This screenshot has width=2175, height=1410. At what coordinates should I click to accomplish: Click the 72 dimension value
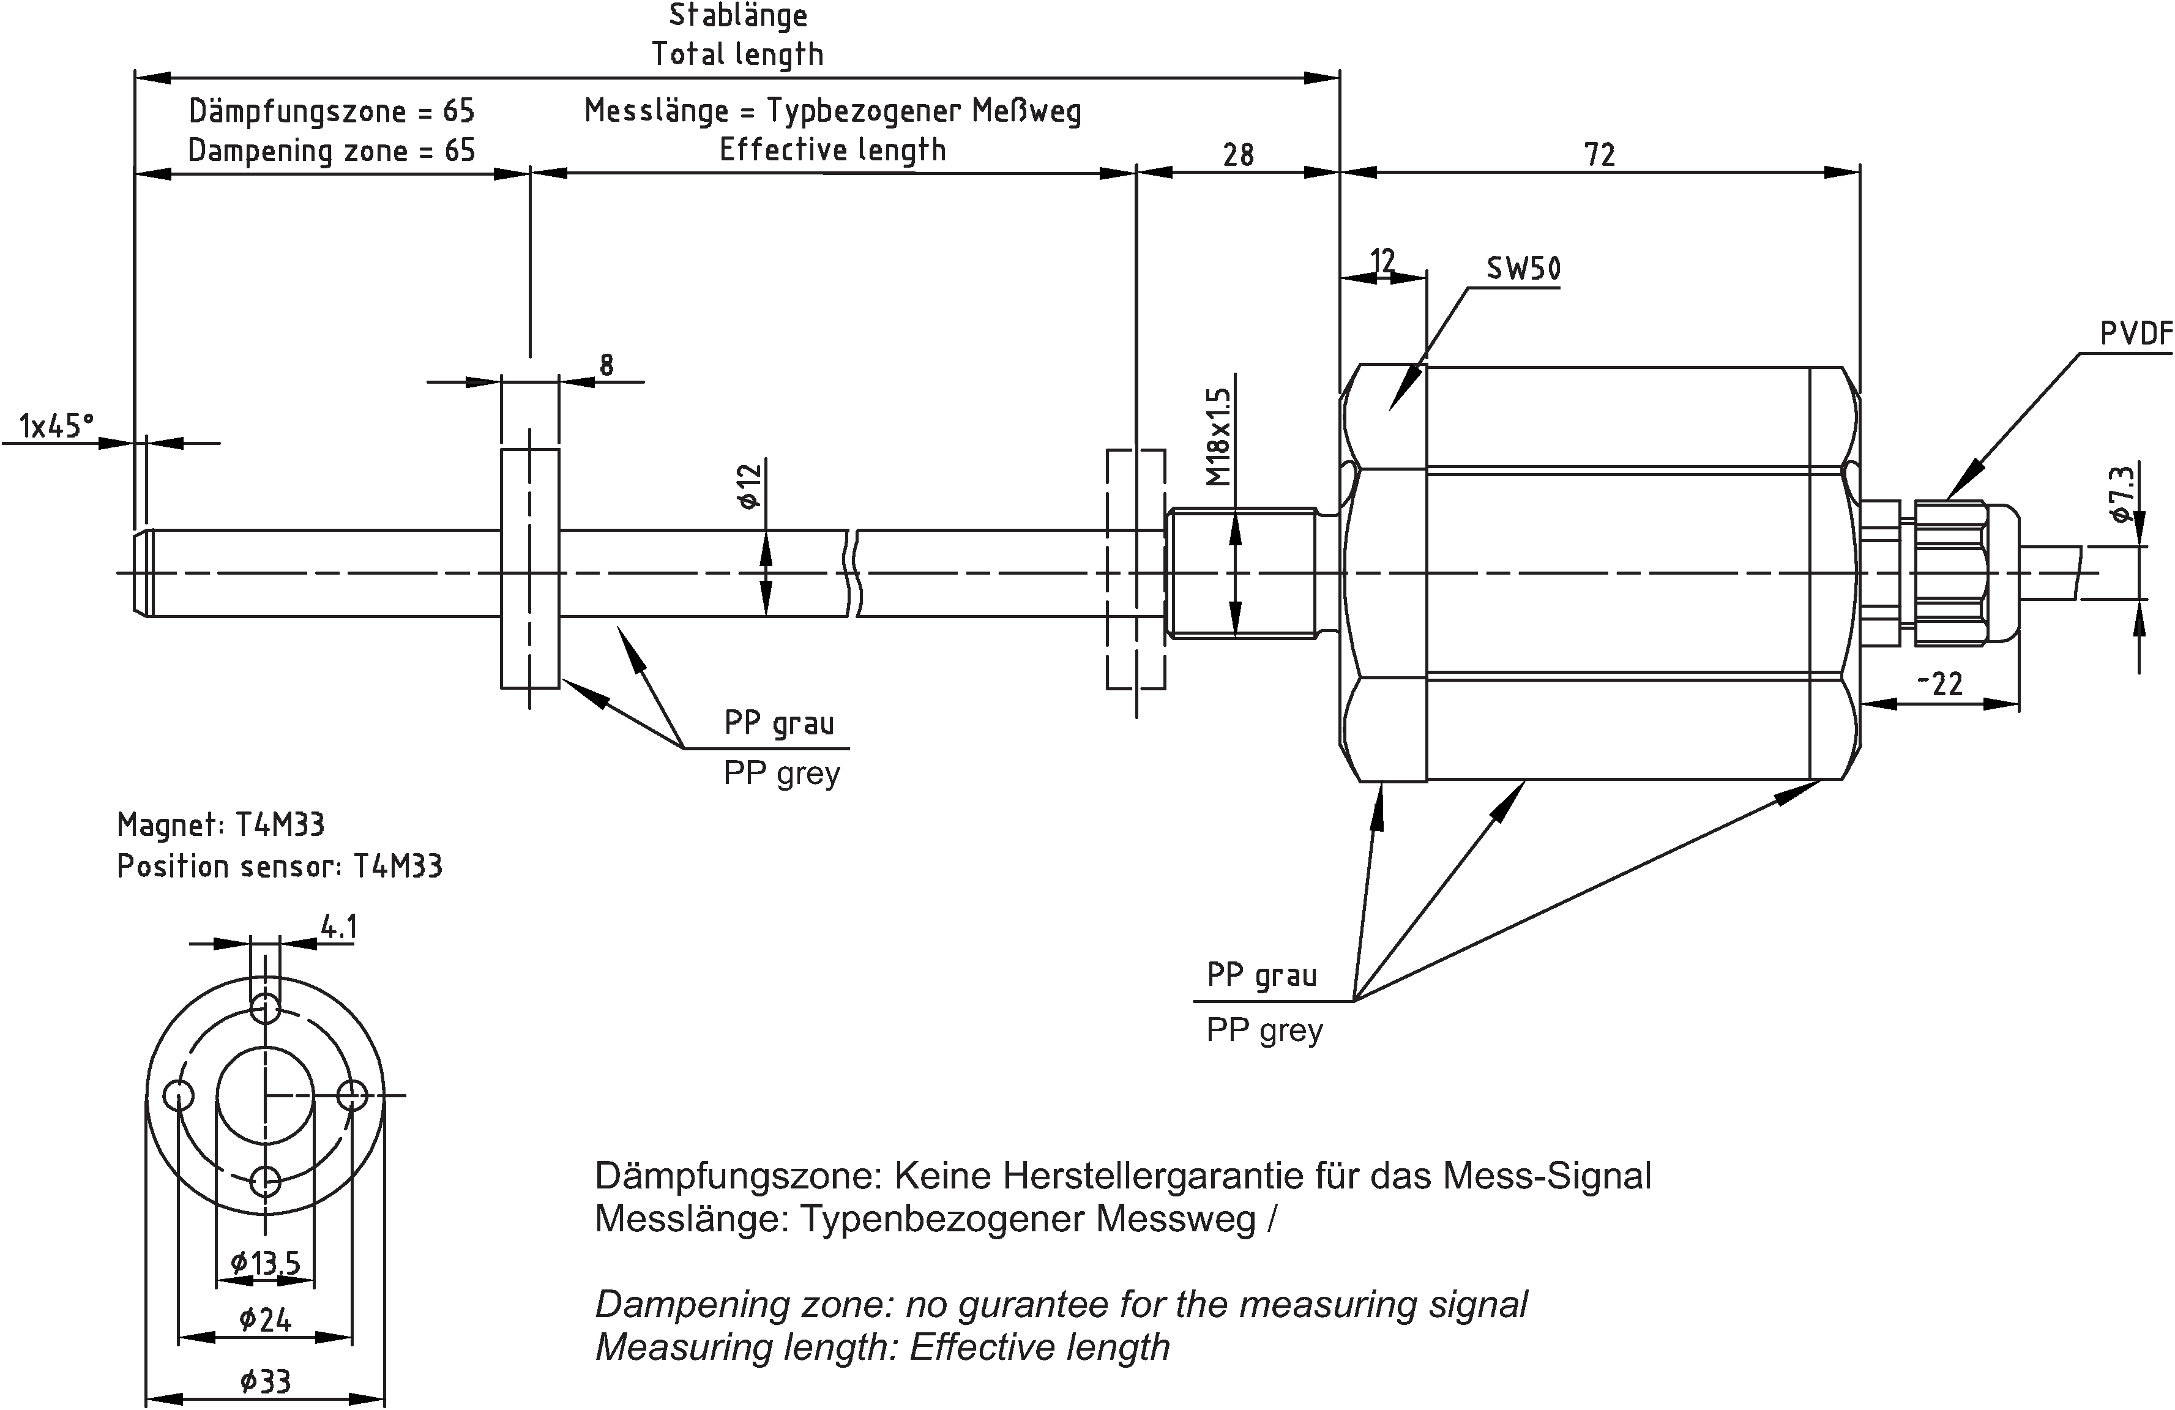point(1599,155)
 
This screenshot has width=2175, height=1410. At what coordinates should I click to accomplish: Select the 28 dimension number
point(1238,155)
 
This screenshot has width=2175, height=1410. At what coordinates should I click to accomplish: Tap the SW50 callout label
point(1523,269)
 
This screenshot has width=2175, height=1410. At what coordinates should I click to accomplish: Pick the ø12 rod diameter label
point(749,486)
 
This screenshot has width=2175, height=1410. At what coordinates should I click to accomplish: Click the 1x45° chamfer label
point(57,427)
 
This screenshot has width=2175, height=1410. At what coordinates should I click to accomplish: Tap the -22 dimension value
point(1939,684)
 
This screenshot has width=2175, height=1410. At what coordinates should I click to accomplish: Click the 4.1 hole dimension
point(338,928)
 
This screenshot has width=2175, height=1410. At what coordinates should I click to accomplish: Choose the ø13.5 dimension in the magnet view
point(265,1263)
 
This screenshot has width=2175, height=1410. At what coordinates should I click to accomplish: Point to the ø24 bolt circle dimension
point(265,1319)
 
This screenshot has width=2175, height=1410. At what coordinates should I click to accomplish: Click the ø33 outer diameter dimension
point(265,1381)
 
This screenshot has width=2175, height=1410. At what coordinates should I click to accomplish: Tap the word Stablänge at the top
point(739,15)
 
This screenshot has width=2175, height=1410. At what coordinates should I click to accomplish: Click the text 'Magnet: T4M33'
point(220,824)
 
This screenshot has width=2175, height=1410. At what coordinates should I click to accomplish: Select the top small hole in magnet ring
point(265,1009)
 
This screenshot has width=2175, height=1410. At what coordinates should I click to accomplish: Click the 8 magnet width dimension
point(606,365)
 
